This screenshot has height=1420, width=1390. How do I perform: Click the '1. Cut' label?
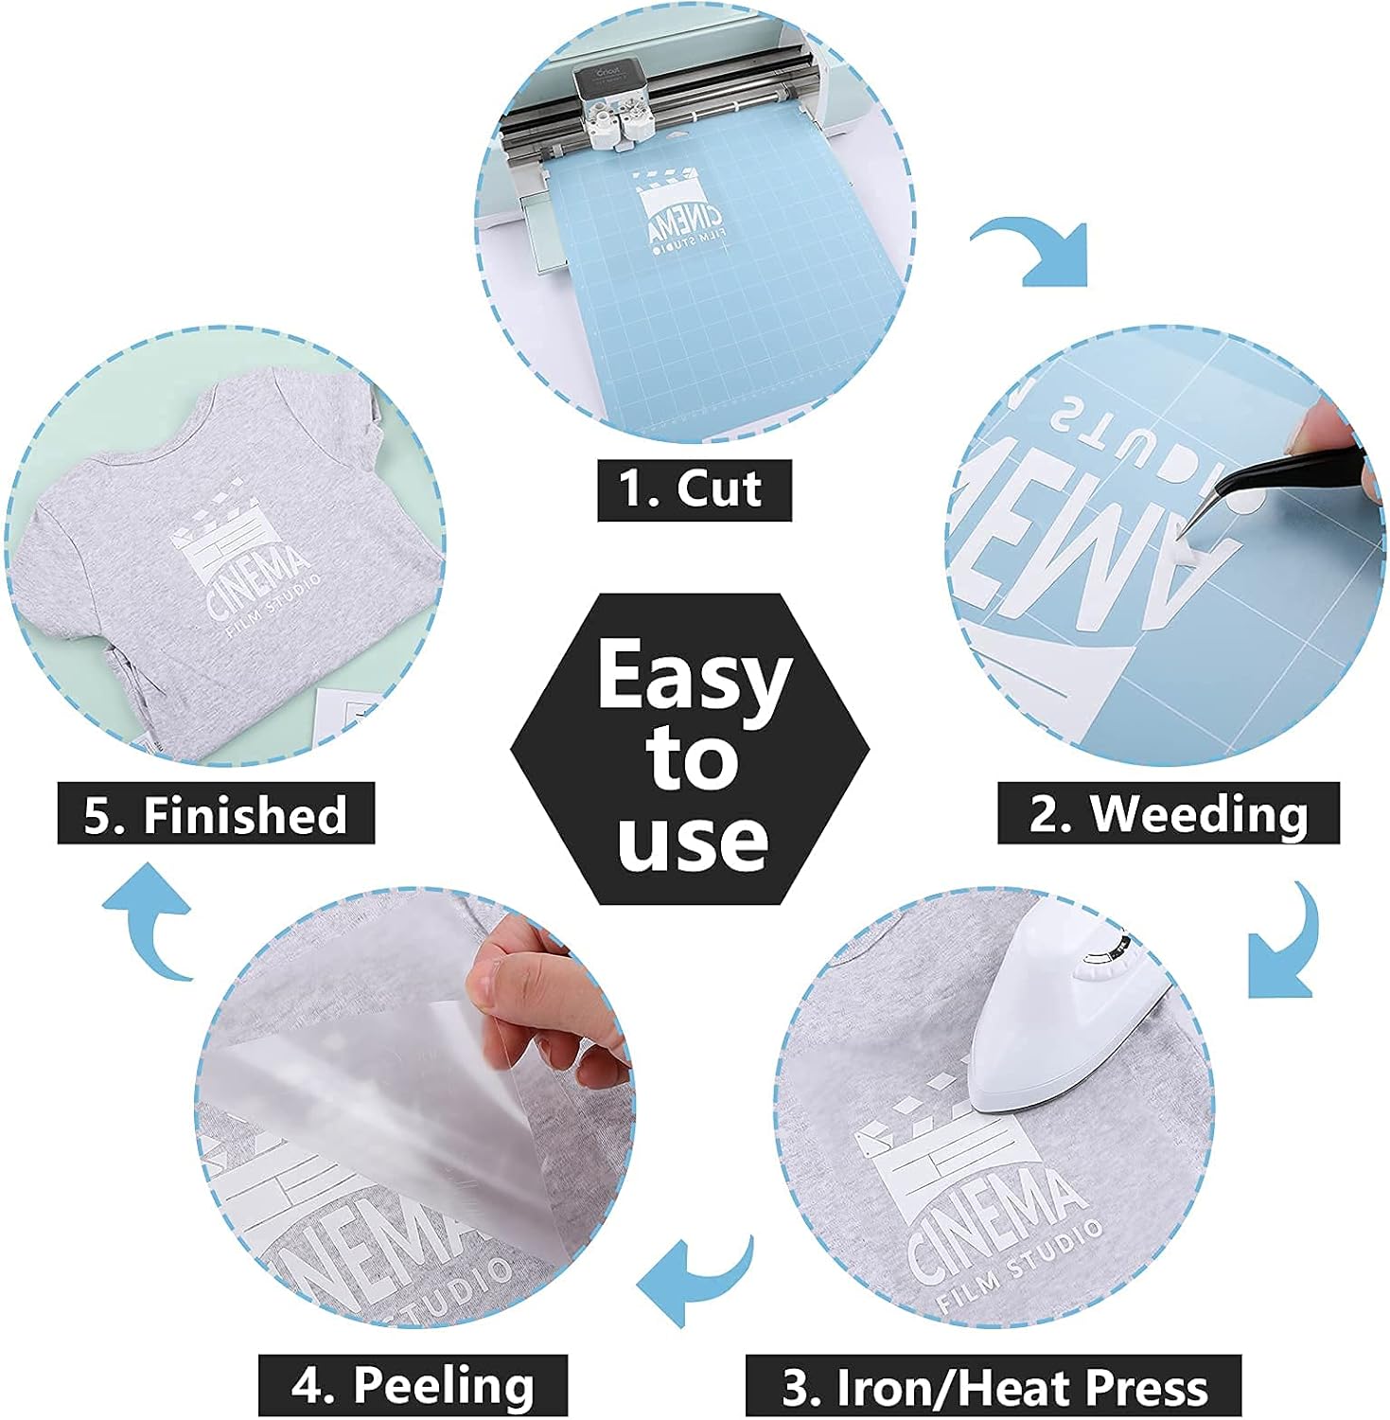click(694, 489)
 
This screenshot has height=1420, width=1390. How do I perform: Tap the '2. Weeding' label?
click(1169, 813)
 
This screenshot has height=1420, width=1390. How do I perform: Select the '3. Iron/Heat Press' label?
click(994, 1387)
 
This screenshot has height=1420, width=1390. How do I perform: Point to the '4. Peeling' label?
click(413, 1385)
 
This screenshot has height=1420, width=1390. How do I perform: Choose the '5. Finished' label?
click(216, 814)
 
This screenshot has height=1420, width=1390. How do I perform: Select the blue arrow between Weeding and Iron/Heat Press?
click(1287, 947)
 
